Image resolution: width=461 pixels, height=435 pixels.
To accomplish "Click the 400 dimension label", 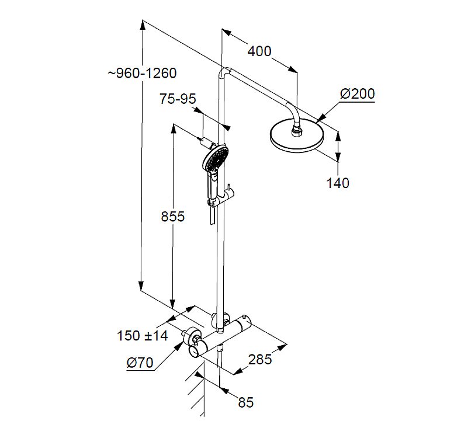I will coord(259,51).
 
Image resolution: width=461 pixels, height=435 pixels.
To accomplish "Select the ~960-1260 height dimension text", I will coord(141,73).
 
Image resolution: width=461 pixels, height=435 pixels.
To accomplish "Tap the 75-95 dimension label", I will coord(178,99).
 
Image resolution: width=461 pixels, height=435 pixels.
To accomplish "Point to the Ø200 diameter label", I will coord(357,93).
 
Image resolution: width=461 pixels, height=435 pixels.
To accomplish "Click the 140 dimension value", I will coord(337,183).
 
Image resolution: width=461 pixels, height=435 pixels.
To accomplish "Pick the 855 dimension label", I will coord(172,217).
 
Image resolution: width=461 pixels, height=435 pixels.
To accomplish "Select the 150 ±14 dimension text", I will coord(142,336).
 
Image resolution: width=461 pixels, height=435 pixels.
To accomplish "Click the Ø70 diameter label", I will coord(140,363).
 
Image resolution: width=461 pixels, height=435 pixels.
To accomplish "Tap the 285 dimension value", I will coord(260,359).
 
